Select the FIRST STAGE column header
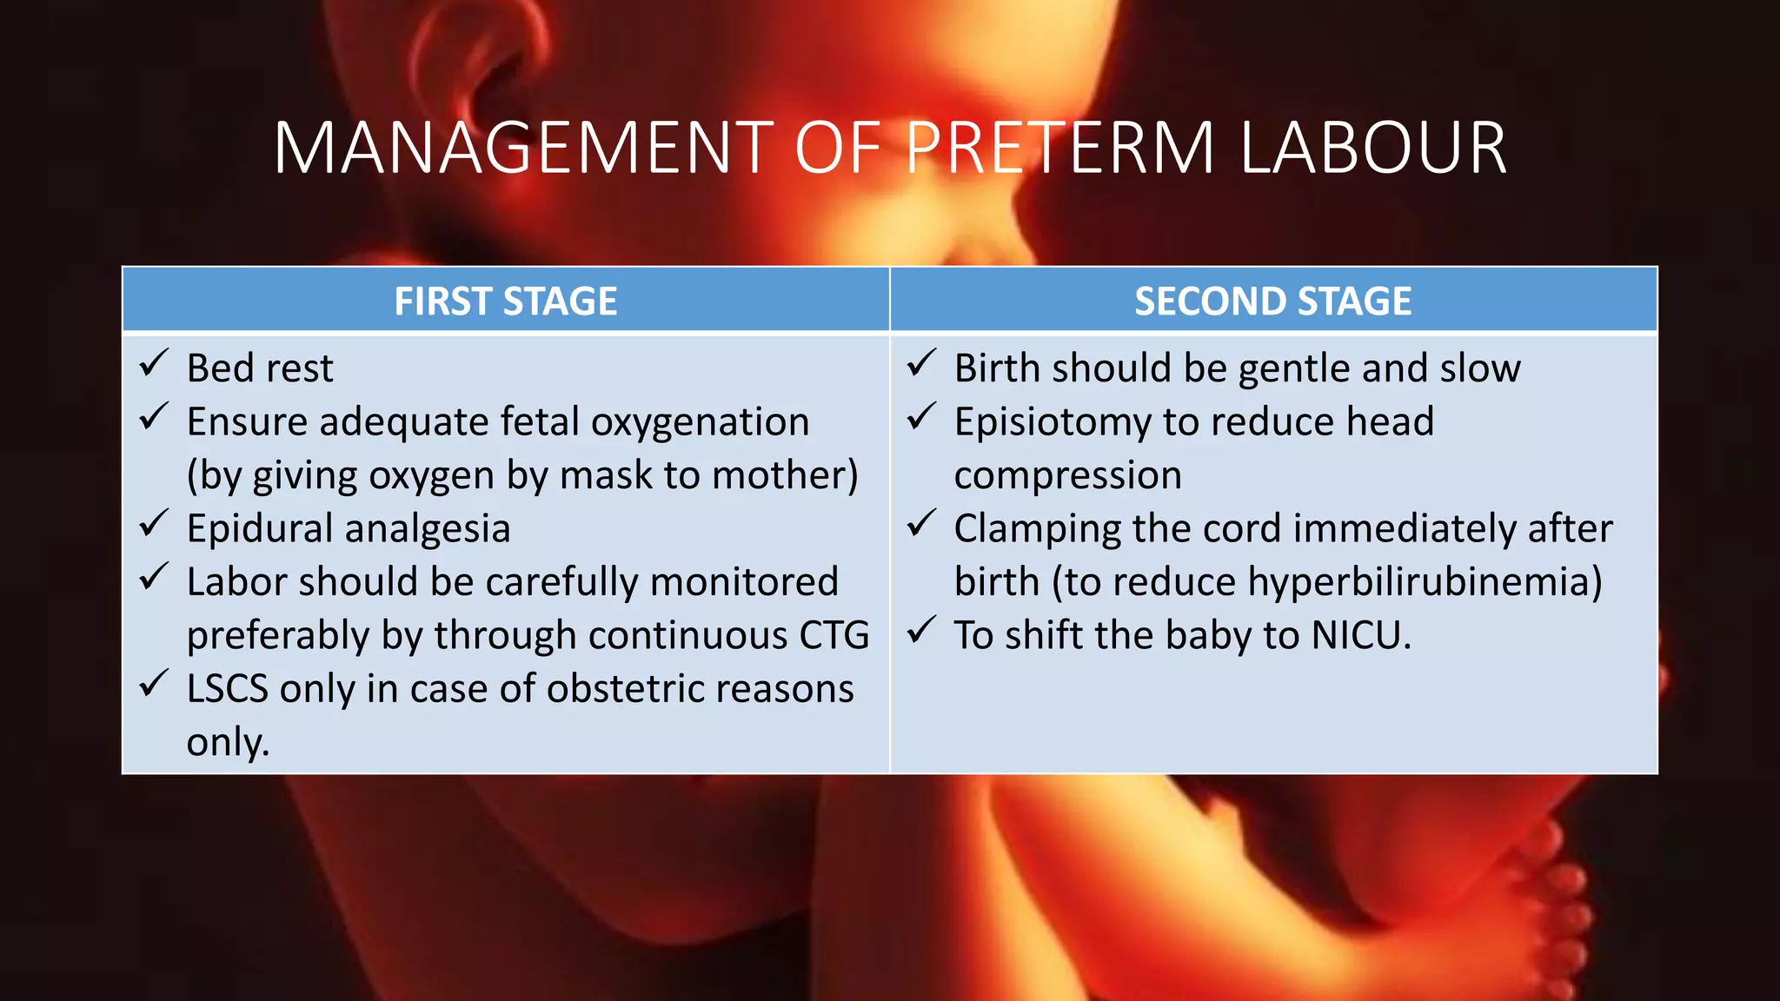point(506,302)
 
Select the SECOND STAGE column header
point(1272,302)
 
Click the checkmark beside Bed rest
point(154,364)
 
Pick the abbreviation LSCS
point(227,689)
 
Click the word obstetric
point(625,689)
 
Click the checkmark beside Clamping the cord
point(921,524)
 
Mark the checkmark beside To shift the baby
point(921,631)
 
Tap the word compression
point(1067,476)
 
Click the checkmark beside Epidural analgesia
point(154,524)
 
